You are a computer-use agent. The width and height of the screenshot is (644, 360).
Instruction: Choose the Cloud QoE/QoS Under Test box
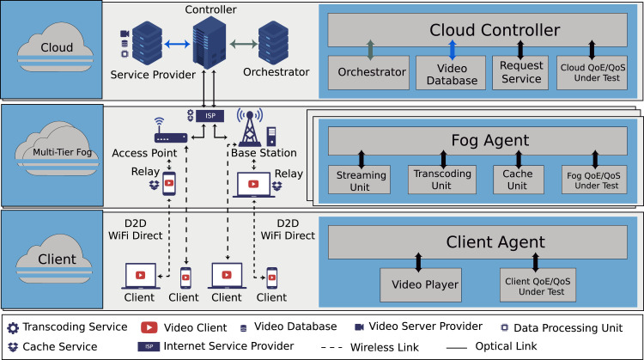pos(590,73)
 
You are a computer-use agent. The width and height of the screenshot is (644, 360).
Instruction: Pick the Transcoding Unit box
pos(435,179)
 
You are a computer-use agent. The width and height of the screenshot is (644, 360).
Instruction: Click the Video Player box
pos(419,284)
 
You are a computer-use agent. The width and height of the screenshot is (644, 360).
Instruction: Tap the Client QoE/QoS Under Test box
pos(535,284)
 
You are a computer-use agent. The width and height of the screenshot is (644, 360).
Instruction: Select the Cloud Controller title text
pos(483,31)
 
